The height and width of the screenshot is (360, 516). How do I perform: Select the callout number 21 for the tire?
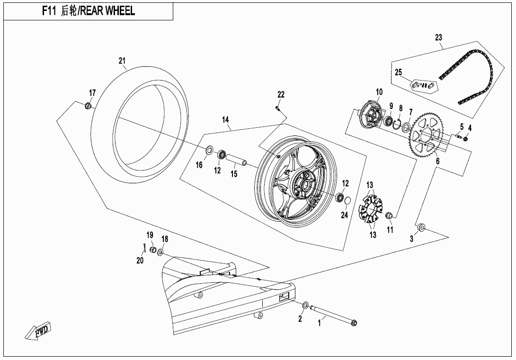122,61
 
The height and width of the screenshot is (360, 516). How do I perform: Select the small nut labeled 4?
466,138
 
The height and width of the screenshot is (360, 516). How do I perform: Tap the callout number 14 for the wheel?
225,120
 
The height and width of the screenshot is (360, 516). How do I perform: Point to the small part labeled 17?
88,105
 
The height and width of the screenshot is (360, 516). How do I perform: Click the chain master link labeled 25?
424,85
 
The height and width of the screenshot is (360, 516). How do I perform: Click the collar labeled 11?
389,216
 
